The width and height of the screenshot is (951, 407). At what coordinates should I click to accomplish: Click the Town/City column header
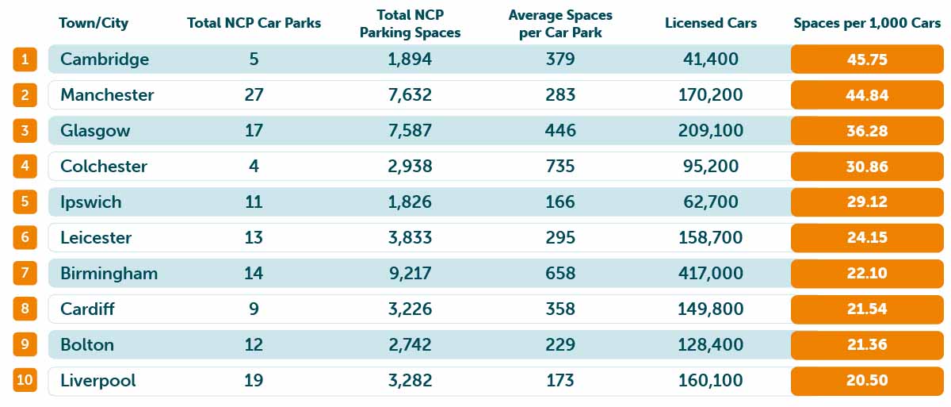pyautogui.click(x=94, y=23)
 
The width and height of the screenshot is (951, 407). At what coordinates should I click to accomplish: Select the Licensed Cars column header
pyautogui.click(x=710, y=23)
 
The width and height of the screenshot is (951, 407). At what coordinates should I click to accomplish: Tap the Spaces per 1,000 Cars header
pyautogui.click(x=867, y=23)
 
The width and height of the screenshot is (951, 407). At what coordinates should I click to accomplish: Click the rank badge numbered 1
pyautogui.click(x=25, y=59)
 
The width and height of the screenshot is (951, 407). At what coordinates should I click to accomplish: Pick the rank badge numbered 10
pyautogui.click(x=25, y=380)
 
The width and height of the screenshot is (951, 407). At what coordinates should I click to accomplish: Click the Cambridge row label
pyautogui.click(x=105, y=59)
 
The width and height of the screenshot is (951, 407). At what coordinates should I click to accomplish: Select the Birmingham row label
pyautogui.click(x=109, y=273)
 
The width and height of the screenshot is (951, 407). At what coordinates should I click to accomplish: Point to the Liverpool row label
pyautogui.click(x=97, y=380)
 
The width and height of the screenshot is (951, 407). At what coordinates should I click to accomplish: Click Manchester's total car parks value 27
pyautogui.click(x=254, y=94)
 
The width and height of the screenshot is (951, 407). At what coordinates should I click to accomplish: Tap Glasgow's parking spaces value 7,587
pyautogui.click(x=410, y=130)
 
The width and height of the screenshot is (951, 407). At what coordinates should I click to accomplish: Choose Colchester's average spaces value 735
pyautogui.click(x=560, y=166)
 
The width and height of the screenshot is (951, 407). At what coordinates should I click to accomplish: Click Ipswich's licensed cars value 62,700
pyautogui.click(x=710, y=202)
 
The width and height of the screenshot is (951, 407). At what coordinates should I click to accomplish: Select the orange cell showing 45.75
pyautogui.click(x=867, y=59)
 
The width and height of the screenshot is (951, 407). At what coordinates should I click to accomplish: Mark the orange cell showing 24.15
pyautogui.click(x=867, y=237)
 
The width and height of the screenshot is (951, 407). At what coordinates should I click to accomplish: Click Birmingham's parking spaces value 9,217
pyautogui.click(x=410, y=273)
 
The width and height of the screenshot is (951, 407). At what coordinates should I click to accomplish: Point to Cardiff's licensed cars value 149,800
pyautogui.click(x=710, y=309)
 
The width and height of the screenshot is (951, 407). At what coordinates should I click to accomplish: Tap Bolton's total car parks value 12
pyautogui.click(x=254, y=344)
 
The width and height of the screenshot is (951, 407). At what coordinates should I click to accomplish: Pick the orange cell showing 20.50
pyautogui.click(x=867, y=380)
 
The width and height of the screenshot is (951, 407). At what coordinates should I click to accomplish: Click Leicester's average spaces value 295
pyautogui.click(x=560, y=237)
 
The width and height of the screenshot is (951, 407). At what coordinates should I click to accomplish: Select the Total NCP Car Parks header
pyautogui.click(x=254, y=23)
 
